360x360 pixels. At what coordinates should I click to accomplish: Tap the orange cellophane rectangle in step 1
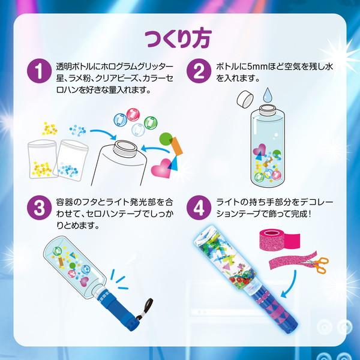coord(176,145)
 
